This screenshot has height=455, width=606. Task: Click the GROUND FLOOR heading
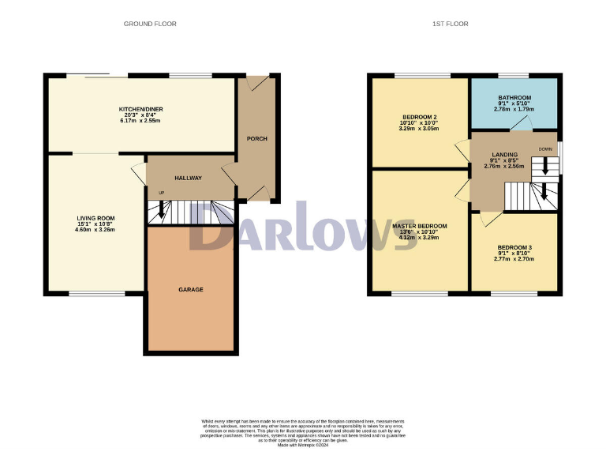pyautogui.click(x=150, y=24)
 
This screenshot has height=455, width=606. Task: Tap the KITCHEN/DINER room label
pyautogui.click(x=139, y=108)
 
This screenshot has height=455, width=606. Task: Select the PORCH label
pyautogui.click(x=257, y=139)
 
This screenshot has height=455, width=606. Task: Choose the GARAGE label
pyautogui.click(x=190, y=290)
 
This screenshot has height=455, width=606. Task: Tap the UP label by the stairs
pyautogui.click(x=162, y=194)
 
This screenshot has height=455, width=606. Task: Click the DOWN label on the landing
pyautogui.click(x=545, y=149)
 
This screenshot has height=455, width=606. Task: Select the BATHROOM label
pyautogui.click(x=514, y=98)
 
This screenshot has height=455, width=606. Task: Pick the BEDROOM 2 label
pyautogui.click(x=419, y=118)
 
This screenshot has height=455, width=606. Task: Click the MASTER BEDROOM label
pyautogui.click(x=420, y=226)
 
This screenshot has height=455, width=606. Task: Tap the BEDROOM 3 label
pyautogui.click(x=513, y=247)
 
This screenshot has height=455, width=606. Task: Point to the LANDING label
pyautogui.click(x=505, y=155)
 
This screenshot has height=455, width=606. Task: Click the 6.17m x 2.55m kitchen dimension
pyautogui.click(x=139, y=121)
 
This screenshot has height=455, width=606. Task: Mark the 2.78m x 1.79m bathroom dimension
pyautogui.click(x=514, y=109)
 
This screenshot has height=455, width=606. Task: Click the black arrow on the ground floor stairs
pyautogui.click(x=163, y=209)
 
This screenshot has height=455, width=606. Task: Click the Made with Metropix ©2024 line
pyautogui.click(x=302, y=446)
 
